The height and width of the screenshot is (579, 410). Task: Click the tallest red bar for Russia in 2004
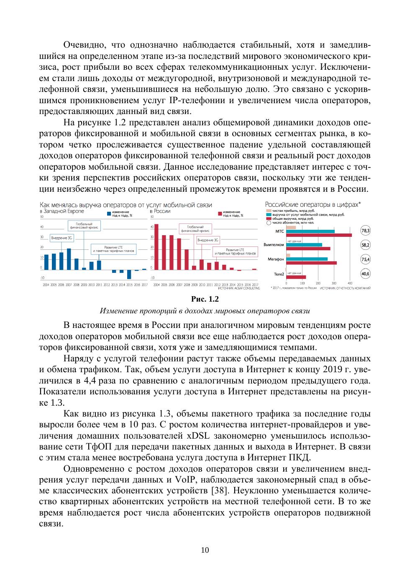click(x=156, y=247)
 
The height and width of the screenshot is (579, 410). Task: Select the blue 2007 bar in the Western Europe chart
click(x=69, y=259)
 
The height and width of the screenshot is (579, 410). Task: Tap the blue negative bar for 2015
click(x=129, y=274)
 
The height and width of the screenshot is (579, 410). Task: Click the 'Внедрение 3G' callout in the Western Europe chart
click(x=61, y=238)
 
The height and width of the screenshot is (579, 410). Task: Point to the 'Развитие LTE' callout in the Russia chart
click(x=235, y=252)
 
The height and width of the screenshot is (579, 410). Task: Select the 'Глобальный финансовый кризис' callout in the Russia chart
click(x=195, y=229)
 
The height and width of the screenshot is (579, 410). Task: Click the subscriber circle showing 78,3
click(x=365, y=231)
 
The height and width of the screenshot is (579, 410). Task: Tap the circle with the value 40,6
click(x=365, y=274)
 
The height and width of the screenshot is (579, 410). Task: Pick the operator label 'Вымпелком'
click(x=274, y=245)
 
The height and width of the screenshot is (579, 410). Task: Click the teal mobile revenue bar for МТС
click(x=310, y=231)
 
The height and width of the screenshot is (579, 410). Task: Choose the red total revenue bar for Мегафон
click(x=312, y=263)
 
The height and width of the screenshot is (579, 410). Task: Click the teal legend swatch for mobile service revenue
click(x=269, y=215)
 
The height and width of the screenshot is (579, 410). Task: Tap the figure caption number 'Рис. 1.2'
click(x=205, y=299)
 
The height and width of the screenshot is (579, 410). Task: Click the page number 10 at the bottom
click(x=205, y=550)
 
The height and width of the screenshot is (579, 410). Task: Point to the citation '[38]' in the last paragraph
click(x=220, y=490)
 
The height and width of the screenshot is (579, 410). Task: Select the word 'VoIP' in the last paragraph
click(x=186, y=480)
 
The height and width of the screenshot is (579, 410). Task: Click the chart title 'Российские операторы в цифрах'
click(x=312, y=205)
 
